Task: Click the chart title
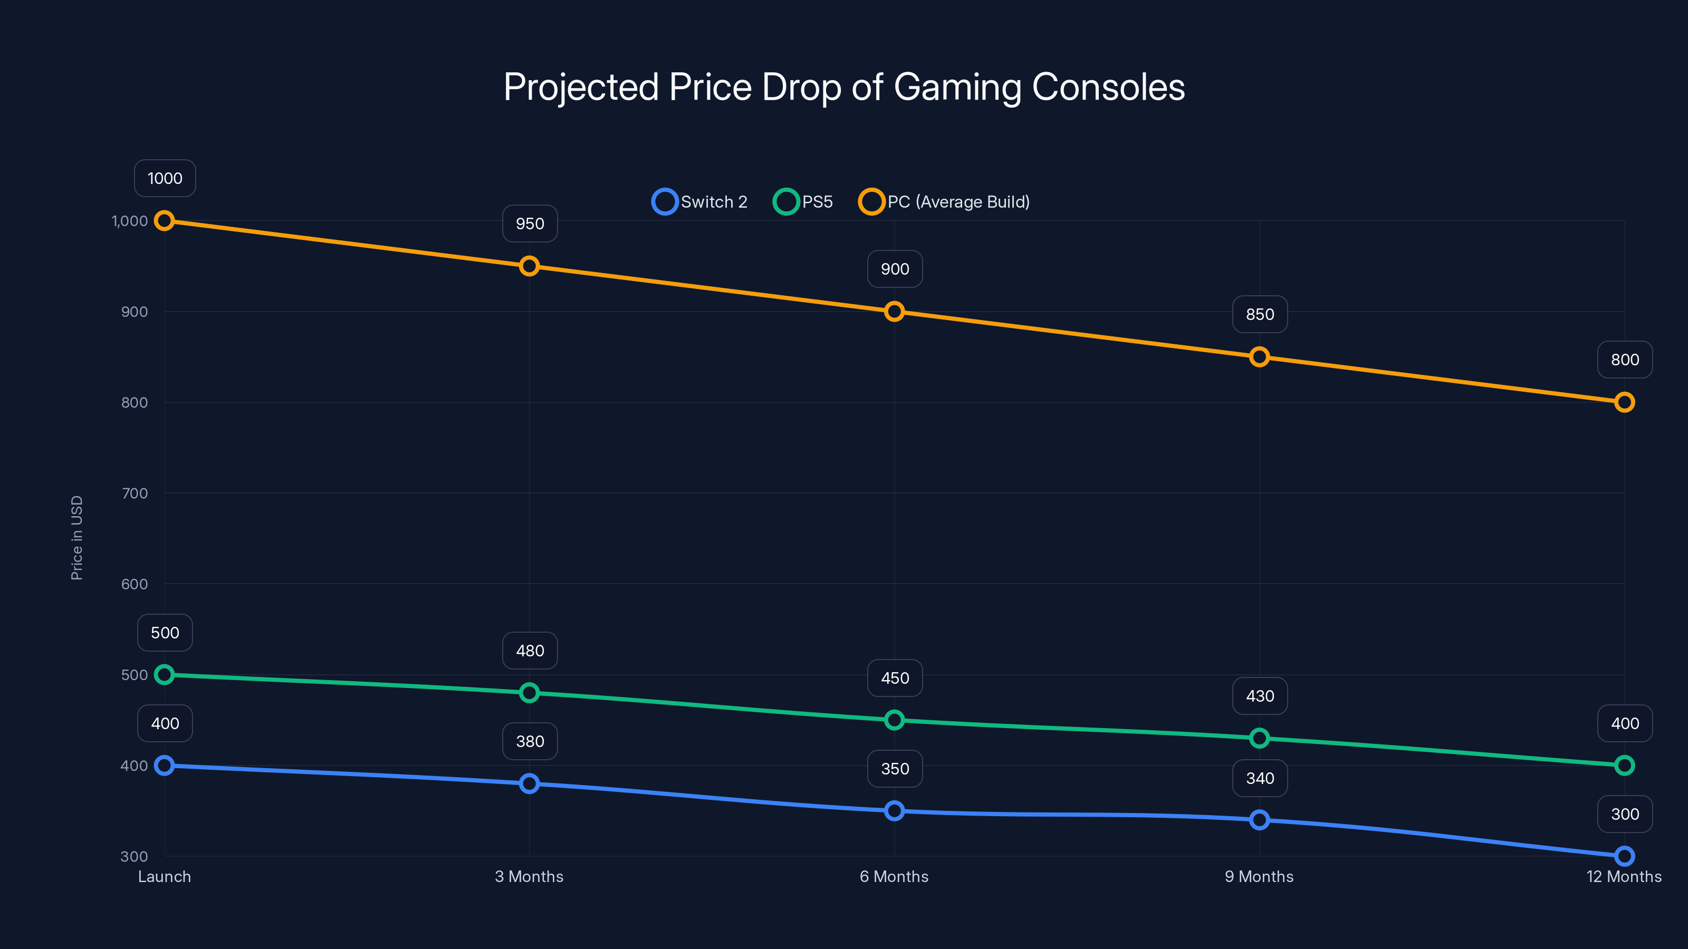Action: (x=844, y=87)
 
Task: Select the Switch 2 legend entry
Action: (x=700, y=202)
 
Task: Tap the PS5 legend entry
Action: (x=803, y=202)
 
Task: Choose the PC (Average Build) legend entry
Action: (x=944, y=202)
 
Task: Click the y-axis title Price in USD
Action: (x=76, y=537)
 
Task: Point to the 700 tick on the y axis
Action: (x=135, y=493)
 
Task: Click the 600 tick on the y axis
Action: (x=135, y=584)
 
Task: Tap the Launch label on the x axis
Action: (x=165, y=876)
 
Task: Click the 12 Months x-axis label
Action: (x=1623, y=876)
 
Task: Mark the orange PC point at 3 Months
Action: (x=530, y=266)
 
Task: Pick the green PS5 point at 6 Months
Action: (x=895, y=720)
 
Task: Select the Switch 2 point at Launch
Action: (x=165, y=765)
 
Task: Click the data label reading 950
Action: (x=530, y=224)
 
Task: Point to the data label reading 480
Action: (x=530, y=651)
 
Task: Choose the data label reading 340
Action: (x=1260, y=778)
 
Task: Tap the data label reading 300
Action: (x=1625, y=814)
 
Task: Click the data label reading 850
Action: (x=1260, y=314)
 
